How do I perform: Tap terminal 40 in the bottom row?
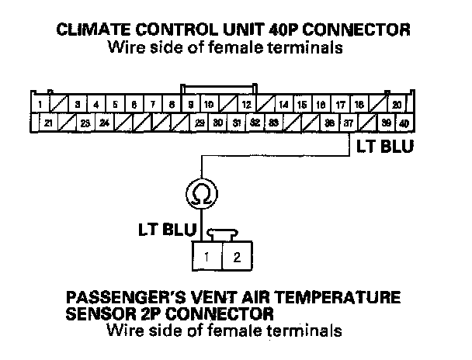(x=405, y=123)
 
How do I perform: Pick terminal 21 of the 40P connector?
(x=47, y=123)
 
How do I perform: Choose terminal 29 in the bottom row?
(x=200, y=123)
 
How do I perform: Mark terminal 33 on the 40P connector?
(x=274, y=123)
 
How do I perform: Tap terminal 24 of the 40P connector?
(x=104, y=123)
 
